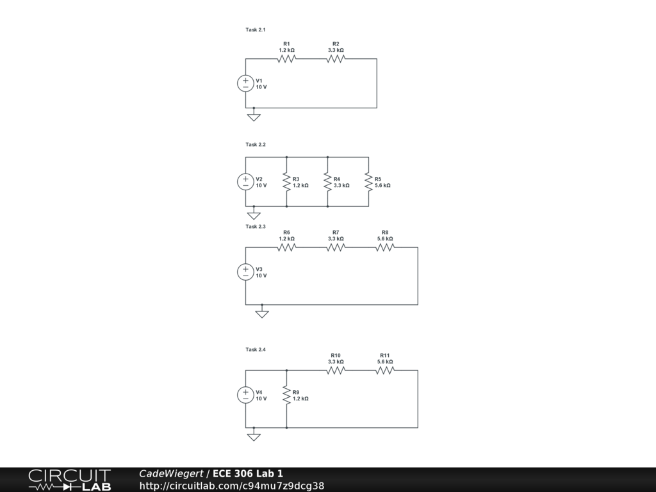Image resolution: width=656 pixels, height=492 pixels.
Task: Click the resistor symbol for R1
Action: (x=286, y=59)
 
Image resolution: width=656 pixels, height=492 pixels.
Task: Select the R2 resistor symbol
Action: (x=336, y=59)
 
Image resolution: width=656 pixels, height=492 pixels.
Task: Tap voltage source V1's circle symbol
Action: (x=245, y=83)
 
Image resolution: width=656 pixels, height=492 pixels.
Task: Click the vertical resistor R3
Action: (x=286, y=182)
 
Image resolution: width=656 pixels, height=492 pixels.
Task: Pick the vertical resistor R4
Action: (x=327, y=182)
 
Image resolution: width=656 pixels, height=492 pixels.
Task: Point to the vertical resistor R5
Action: (x=368, y=182)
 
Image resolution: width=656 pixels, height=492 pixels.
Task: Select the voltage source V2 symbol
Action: (x=245, y=182)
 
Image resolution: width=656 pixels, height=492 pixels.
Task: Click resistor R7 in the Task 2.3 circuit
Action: (x=336, y=247)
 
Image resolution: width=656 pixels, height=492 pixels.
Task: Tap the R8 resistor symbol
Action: (x=384, y=247)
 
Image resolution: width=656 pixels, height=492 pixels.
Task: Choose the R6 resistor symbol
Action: (x=286, y=247)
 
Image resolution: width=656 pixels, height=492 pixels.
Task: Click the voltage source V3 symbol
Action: (x=245, y=272)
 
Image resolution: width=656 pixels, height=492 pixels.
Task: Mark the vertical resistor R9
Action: (x=286, y=395)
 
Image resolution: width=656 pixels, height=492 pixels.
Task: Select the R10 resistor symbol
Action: (x=336, y=370)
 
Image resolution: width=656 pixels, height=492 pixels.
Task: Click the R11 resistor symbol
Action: (x=384, y=370)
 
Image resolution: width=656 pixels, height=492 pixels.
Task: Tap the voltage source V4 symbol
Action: (x=245, y=395)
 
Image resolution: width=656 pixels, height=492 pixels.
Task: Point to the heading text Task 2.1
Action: (x=256, y=29)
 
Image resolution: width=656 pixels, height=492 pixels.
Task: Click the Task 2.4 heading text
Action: (x=256, y=349)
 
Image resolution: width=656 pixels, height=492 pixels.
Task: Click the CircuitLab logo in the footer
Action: (x=69, y=480)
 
